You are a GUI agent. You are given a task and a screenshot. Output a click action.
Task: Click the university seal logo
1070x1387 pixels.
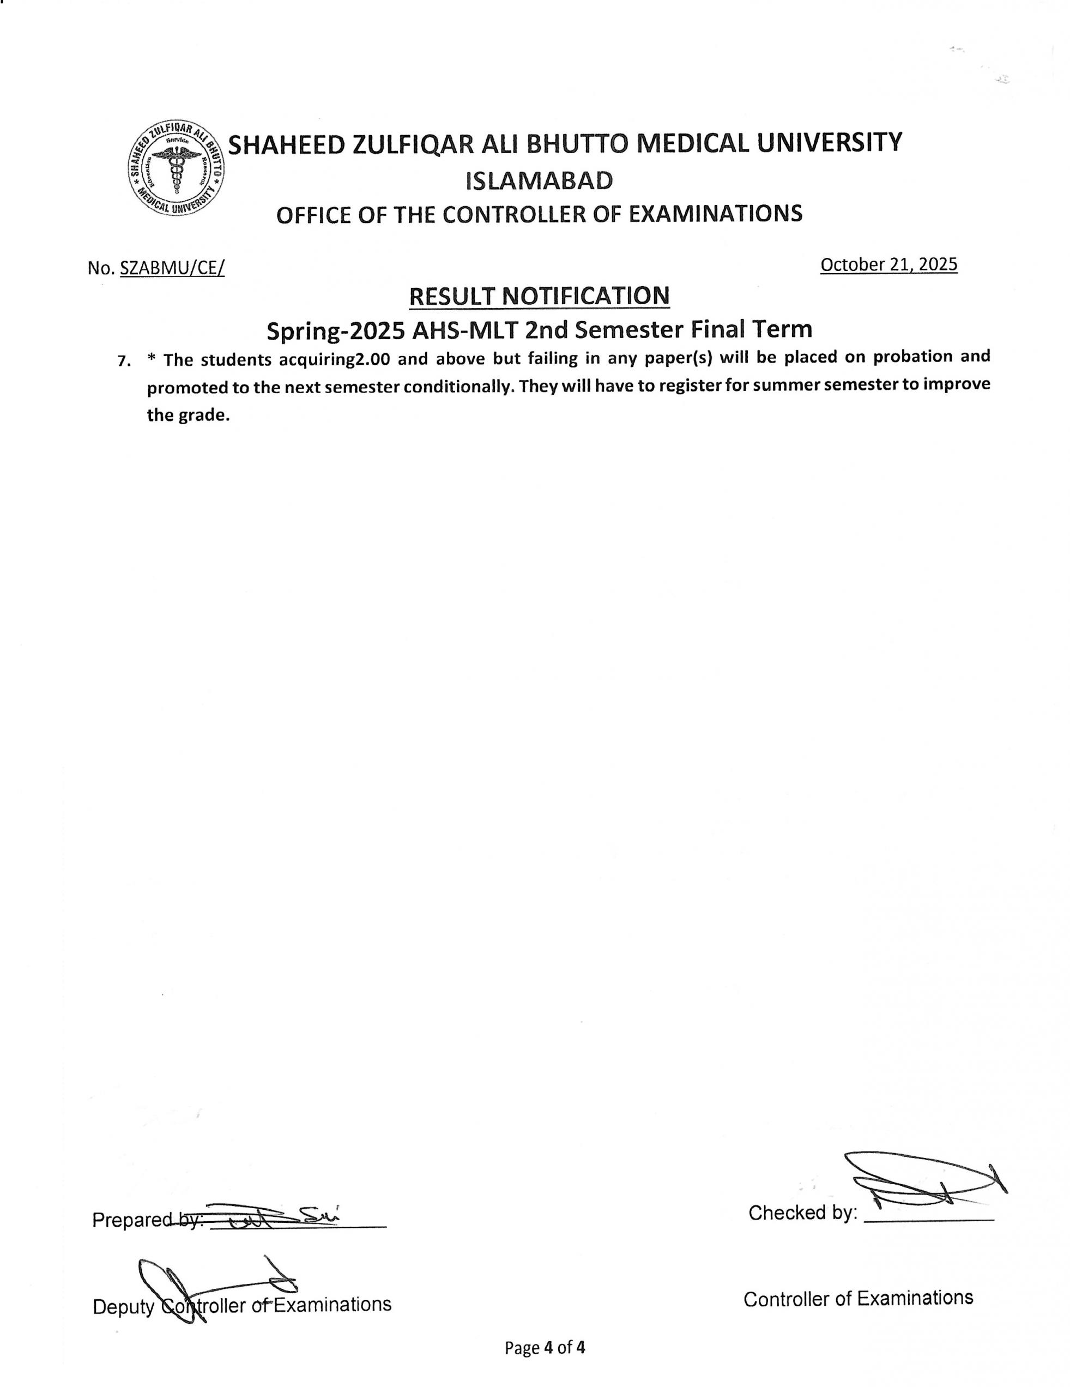(x=176, y=168)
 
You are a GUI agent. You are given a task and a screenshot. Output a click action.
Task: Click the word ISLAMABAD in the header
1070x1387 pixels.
(x=539, y=181)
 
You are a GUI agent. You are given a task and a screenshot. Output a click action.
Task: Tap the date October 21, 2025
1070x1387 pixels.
(x=888, y=264)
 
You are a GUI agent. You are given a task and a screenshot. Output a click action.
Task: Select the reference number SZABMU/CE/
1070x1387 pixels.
(x=172, y=268)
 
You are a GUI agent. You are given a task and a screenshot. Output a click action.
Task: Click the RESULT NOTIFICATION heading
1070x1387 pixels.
(x=539, y=296)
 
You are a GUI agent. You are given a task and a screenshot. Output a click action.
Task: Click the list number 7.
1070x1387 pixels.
(x=124, y=361)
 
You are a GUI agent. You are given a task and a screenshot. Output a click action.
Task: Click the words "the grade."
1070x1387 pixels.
(x=188, y=415)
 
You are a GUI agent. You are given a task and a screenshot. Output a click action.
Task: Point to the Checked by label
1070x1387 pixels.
(x=803, y=1213)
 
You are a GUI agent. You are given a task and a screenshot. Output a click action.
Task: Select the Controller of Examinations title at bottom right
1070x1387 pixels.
(x=858, y=1299)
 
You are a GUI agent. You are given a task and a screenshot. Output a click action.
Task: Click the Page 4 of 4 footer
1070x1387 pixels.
(x=544, y=1348)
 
